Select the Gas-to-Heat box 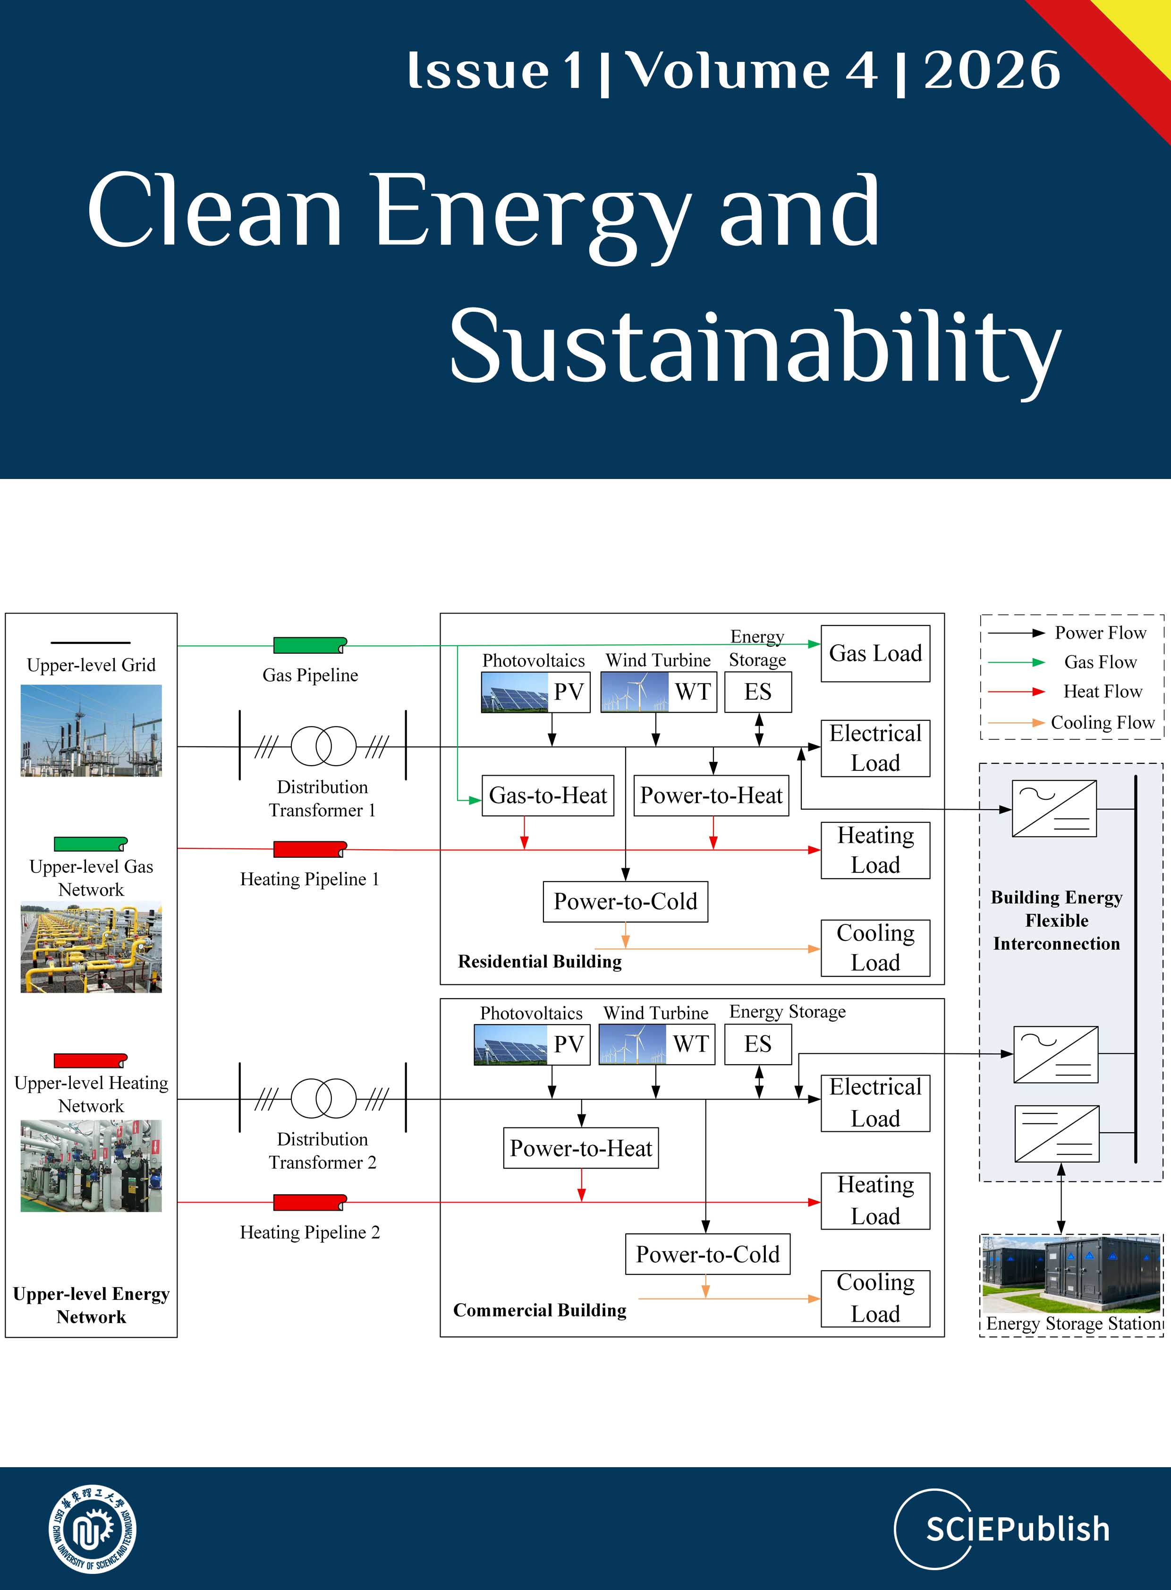(x=547, y=795)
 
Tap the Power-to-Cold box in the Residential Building (x=625, y=901)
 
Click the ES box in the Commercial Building (x=758, y=1044)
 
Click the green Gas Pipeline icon (x=310, y=645)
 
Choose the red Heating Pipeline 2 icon (x=310, y=1202)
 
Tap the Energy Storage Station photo (x=1071, y=1274)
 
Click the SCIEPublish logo (x=1002, y=1529)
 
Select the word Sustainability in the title (x=755, y=348)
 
